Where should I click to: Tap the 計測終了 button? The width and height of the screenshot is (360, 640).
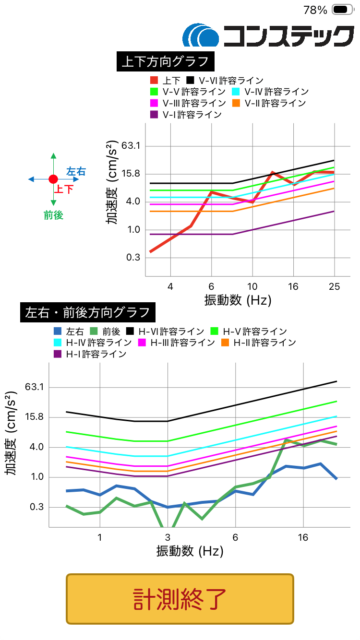180,599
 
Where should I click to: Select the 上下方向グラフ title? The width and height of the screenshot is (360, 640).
165,61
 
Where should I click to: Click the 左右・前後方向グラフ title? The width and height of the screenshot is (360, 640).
87,313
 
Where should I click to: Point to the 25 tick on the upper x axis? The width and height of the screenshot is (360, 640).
334,287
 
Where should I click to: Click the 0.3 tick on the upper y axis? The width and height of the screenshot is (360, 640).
131,258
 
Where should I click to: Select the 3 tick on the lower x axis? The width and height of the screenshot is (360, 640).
168,537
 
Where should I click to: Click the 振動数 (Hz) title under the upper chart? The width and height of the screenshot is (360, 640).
238,301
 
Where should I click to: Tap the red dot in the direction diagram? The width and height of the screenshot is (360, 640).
53,179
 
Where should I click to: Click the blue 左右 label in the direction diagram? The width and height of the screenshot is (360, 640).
76,171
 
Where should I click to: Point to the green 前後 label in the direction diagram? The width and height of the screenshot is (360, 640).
53,216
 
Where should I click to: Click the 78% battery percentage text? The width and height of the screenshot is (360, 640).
315,10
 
